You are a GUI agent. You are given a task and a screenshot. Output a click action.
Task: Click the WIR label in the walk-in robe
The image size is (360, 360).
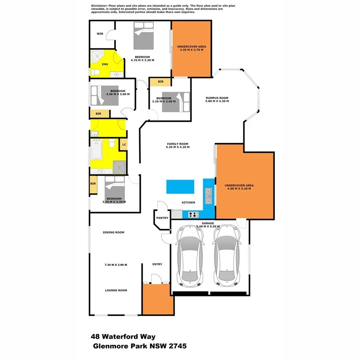(x=100, y=34)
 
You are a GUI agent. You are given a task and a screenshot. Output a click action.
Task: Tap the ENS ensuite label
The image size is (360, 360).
(x=105, y=64)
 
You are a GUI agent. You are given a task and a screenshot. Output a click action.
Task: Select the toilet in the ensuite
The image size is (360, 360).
(x=96, y=72)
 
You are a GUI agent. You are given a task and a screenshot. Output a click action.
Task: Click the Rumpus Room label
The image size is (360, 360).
(x=217, y=99)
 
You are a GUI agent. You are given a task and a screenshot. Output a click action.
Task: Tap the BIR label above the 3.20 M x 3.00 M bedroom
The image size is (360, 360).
(x=160, y=82)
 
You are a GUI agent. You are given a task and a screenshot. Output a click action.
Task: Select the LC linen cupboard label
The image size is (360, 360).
(x=124, y=144)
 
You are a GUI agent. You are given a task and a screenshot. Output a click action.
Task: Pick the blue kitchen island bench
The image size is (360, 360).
(x=180, y=186)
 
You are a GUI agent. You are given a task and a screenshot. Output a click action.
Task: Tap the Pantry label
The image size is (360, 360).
(x=162, y=218)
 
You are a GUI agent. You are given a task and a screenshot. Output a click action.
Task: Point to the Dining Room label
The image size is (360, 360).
(x=114, y=232)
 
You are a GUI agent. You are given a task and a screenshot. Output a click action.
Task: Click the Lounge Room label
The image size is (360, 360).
(x=116, y=290)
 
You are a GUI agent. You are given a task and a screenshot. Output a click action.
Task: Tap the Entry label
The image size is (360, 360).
(x=157, y=264)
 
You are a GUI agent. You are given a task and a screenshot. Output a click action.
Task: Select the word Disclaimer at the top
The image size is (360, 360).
(x=100, y=6)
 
